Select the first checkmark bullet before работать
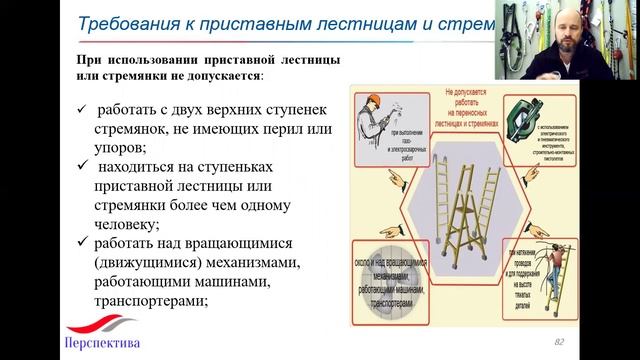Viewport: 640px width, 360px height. (x=81, y=108)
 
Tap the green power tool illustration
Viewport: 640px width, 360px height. (x=526, y=119)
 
